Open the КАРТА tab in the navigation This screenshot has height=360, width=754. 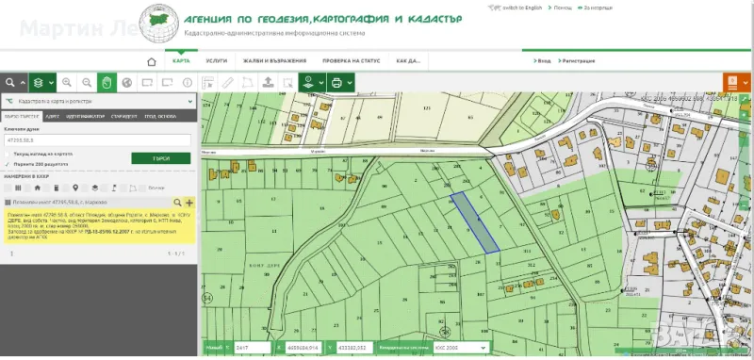180,60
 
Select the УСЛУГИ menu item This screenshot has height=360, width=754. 216,60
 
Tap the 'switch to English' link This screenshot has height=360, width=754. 520,7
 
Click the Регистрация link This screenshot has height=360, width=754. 579,60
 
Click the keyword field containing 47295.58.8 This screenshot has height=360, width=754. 97,140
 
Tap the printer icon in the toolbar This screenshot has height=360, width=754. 336,83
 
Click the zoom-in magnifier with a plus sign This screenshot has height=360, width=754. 67,83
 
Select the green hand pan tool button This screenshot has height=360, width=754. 107,83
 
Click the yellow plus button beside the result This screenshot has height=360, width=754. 189,203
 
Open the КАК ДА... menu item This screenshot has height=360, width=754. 408,60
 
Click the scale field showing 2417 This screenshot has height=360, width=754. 252,348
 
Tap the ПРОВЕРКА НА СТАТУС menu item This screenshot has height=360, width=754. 351,60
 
